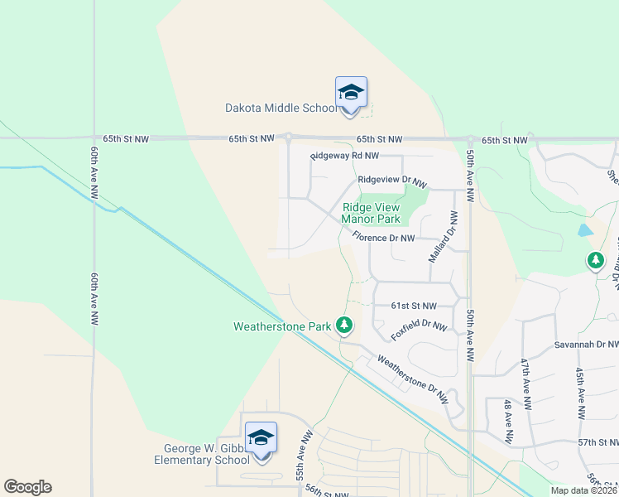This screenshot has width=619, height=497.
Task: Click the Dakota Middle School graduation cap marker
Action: pos(351,94)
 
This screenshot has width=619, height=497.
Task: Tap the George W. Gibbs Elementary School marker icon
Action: pos(261,439)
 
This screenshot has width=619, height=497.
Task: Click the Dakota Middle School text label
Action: pos(281,108)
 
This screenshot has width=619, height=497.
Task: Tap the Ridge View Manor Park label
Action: pos(371,214)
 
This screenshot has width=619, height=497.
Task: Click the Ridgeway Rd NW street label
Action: pos(345,156)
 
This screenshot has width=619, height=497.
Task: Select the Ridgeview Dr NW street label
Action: pos(391,181)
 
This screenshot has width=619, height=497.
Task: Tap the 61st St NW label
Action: pos(413,306)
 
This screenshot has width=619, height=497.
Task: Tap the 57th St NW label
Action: pos(598,443)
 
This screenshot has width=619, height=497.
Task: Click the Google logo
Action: pos(27,487)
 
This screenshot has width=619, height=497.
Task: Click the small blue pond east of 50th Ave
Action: pos(585,230)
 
